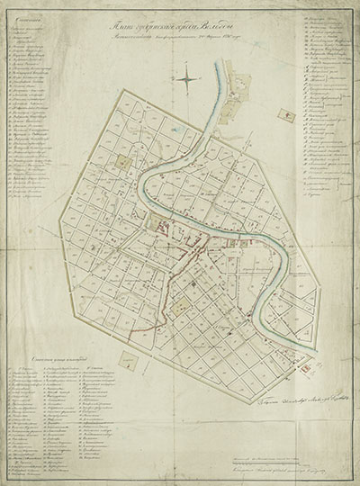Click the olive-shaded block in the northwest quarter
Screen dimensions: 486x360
(x=122, y=160)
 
